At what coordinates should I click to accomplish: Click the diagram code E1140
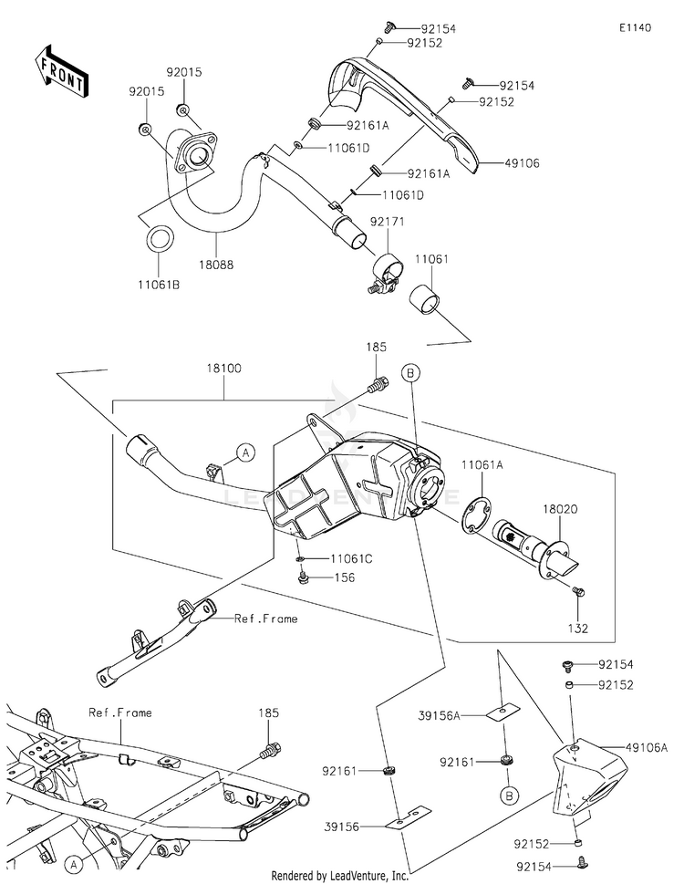(636, 27)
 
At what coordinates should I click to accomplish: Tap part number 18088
(216, 265)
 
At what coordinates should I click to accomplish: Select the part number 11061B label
(159, 285)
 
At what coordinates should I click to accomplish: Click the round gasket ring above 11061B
(160, 239)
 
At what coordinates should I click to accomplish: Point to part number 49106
(522, 163)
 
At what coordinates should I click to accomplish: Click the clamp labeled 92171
(388, 272)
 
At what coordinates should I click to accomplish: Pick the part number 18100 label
(223, 369)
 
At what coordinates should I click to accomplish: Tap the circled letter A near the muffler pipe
(245, 452)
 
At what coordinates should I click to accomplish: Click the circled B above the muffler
(410, 373)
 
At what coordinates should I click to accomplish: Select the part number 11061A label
(482, 464)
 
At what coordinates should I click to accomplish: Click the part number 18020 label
(560, 509)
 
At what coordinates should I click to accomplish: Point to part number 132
(578, 628)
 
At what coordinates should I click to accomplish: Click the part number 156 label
(345, 577)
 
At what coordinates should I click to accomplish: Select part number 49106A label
(647, 748)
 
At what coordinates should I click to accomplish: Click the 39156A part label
(439, 715)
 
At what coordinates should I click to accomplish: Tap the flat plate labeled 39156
(408, 817)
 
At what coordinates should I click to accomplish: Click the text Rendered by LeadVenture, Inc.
(340, 876)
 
